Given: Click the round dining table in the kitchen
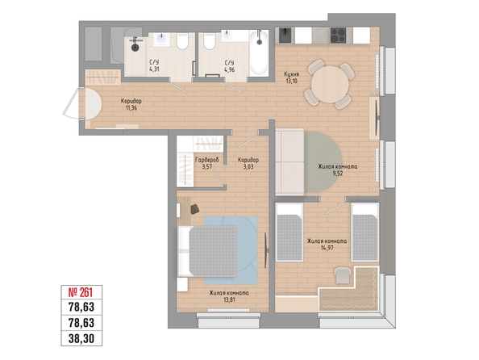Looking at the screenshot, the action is (330, 85).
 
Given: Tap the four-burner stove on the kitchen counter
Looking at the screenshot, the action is (338, 36).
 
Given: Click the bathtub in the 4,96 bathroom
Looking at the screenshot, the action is (259, 53).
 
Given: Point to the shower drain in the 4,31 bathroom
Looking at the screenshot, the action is (135, 47).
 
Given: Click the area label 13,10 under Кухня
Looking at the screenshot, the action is (290, 81).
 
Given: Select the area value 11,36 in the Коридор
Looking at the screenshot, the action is (131, 107).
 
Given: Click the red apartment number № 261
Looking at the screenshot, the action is (81, 292).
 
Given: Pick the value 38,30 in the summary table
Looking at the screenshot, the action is (81, 338).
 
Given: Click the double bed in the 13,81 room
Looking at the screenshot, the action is (207, 251).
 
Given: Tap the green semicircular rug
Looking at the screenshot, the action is (323, 162).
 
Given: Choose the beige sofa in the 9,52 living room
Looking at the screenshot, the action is (289, 161).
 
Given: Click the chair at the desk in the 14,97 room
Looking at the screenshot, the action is (343, 275).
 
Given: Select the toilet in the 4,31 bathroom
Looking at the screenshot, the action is (182, 41).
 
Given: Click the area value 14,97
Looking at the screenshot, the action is (327, 248).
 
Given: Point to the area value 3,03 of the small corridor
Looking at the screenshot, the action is (248, 167).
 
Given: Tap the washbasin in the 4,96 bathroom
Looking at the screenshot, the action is (227, 36).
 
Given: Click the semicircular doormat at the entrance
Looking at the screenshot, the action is (90, 104).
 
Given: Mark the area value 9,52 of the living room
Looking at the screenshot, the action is (338, 174).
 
